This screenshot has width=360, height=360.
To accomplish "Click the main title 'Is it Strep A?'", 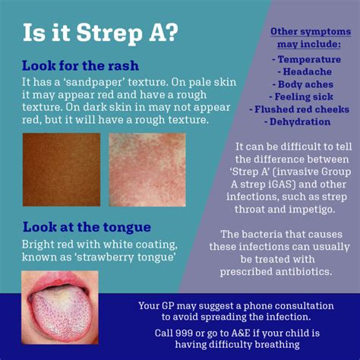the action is pyautogui.click(x=100, y=33).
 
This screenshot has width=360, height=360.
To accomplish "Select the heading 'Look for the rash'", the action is pyautogui.click(x=81, y=66).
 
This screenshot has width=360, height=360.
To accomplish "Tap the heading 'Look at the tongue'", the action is pyautogui.click(x=87, y=227).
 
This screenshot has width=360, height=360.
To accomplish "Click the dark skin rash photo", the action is pyautogui.click(x=62, y=169).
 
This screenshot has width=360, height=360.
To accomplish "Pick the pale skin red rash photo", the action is pyautogui.click(x=147, y=170).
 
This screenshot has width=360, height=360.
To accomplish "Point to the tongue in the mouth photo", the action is pyautogui.click(x=62, y=314).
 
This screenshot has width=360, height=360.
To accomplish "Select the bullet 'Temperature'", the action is pyautogui.click(x=307, y=59).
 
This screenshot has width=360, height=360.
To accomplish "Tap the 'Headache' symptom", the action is pyautogui.click(x=305, y=72).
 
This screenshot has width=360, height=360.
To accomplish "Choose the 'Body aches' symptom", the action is pyautogui.click(x=303, y=84).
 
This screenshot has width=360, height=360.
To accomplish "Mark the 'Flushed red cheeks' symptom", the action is pyautogui.click(x=299, y=109).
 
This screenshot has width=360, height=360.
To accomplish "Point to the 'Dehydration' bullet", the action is pyautogui.click(x=298, y=122).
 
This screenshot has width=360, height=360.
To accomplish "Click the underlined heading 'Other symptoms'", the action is pyautogui.click(x=311, y=32).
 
